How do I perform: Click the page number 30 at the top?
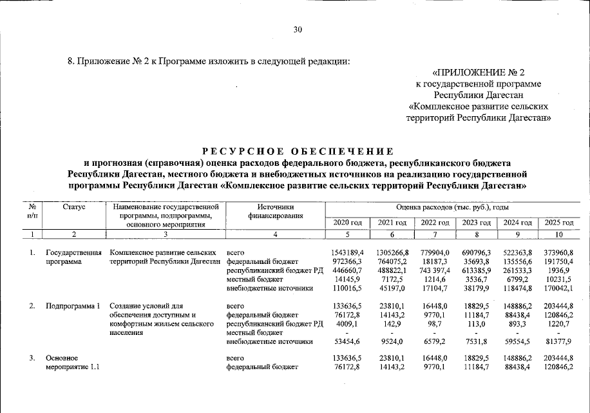298,29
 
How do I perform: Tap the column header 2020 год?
347,223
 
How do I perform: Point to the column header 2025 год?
558,223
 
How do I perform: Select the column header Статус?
74,207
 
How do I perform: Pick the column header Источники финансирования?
274,211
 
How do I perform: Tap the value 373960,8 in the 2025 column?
558,252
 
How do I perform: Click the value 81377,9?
558,342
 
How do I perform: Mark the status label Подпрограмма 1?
73,306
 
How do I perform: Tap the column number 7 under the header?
435,234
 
